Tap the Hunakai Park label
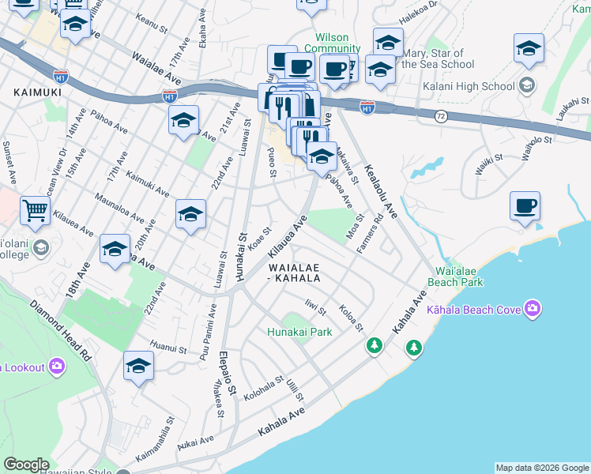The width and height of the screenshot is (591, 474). tap(299, 332)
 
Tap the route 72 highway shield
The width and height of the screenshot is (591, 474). tap(440, 115)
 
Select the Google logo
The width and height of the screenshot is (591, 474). tap(26, 465)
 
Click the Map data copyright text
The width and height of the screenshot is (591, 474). tap(542, 468)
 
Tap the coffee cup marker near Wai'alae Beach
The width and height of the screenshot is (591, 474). tap(525, 207)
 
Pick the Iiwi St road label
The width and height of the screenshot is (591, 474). tap(315, 306)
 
